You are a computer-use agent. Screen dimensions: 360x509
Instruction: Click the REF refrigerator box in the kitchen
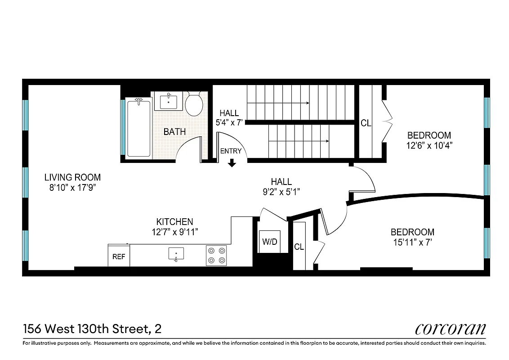pyautogui.click(x=119, y=256)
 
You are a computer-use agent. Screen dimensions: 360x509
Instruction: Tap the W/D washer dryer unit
pyautogui.click(x=269, y=242)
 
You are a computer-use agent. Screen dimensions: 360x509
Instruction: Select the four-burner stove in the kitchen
pyautogui.click(x=216, y=255)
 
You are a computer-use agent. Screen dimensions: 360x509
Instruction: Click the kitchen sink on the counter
pyautogui.click(x=176, y=254)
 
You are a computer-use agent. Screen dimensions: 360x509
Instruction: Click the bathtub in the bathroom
pyautogui.click(x=138, y=128)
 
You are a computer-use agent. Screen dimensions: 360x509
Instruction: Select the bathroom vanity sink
pyautogui.click(x=169, y=101)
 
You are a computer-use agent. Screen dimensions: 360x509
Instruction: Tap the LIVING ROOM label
pyautogui.click(x=72, y=177)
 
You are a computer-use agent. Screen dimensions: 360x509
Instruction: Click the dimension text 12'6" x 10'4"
pyautogui.click(x=429, y=145)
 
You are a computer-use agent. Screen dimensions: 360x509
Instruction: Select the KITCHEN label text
pyautogui.click(x=174, y=221)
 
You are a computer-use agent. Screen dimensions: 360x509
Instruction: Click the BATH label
pyautogui.click(x=174, y=132)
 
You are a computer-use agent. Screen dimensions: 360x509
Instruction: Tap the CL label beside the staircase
pyautogui.click(x=366, y=123)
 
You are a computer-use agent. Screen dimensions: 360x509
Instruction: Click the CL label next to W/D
pyautogui.click(x=299, y=247)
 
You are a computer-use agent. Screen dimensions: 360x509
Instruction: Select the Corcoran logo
pyautogui.click(x=450, y=329)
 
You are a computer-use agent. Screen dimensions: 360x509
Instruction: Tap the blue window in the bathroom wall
pyautogui.click(x=123, y=127)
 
